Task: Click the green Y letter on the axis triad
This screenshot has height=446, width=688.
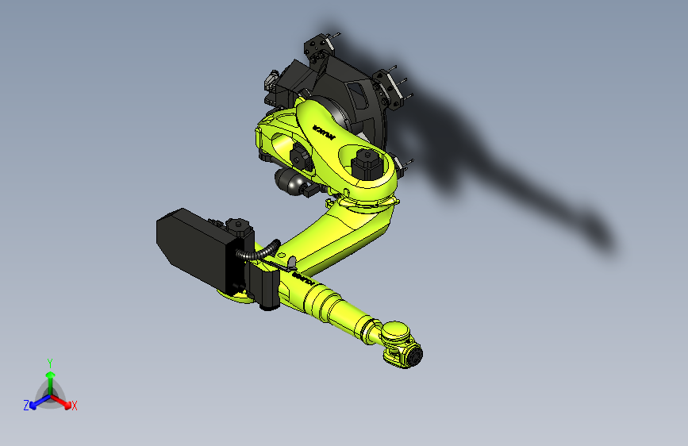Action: pos(49,363)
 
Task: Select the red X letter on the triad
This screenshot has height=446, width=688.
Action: pos(75,406)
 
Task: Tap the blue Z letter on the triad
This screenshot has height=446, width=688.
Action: pos(26,405)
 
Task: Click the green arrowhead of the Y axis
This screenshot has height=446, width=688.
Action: pos(49,375)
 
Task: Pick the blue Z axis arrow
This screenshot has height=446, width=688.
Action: pos(36,401)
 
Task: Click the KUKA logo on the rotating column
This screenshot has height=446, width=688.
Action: pos(325,130)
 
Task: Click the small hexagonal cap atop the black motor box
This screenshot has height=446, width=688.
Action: pos(237,225)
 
